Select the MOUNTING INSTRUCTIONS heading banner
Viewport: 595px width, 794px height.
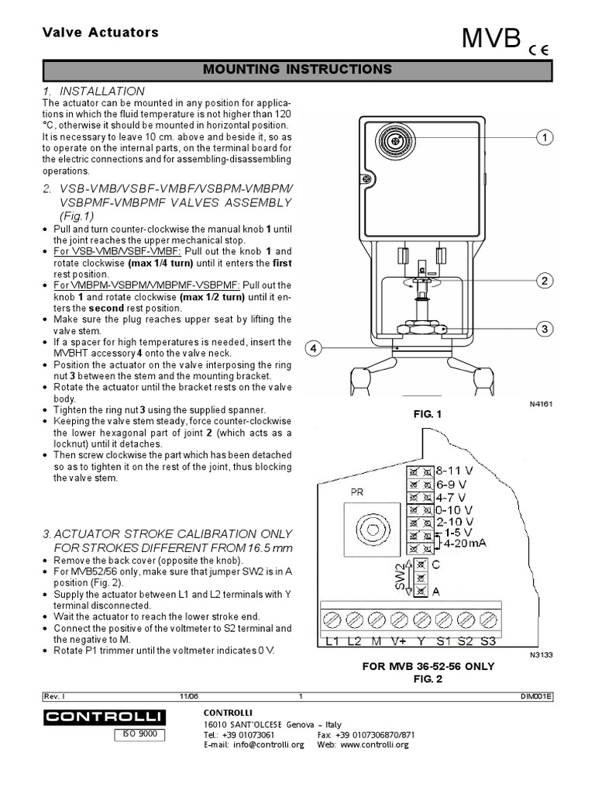(297, 70)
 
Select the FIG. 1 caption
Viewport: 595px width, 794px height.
(427, 415)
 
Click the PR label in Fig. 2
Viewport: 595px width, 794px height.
(357, 492)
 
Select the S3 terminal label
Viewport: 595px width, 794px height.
(487, 641)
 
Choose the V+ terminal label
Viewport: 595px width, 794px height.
(399, 641)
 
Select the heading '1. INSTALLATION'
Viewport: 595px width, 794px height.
(94, 91)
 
